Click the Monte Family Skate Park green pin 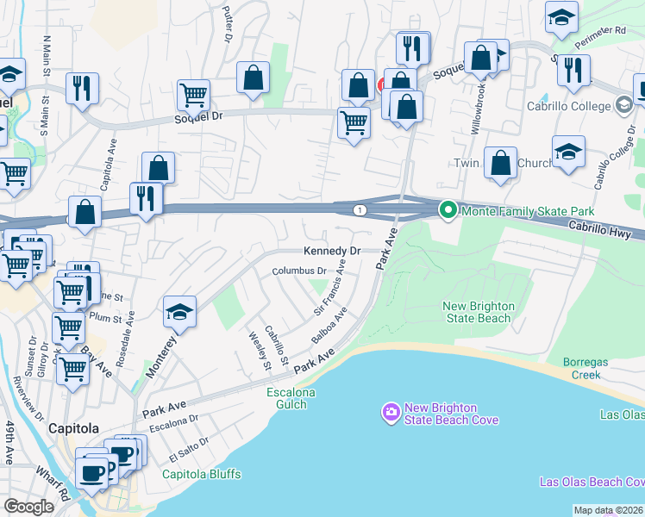(x=448, y=209)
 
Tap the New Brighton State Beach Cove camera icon (x=391, y=413)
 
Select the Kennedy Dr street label (x=331, y=252)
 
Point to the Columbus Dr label (x=298, y=271)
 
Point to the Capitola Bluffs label (x=202, y=474)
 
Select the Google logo (x=29, y=506)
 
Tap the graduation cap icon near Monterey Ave (x=179, y=312)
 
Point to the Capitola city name (x=73, y=428)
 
